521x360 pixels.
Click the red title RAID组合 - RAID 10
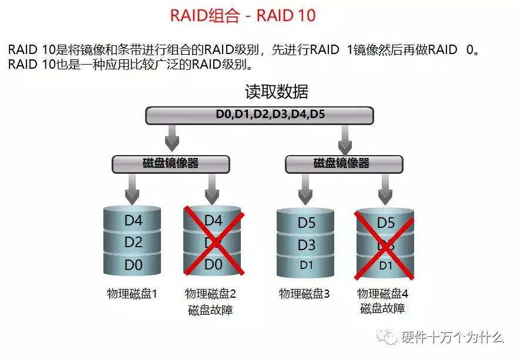coord(243,15)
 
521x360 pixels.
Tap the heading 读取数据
coord(276,92)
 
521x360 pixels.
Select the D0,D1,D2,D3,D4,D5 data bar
coord(259,115)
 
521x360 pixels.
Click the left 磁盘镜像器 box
coord(170,163)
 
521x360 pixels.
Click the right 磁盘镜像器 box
coord(344,163)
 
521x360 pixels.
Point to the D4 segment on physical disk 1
coord(133,221)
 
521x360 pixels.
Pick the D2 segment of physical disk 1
coord(133,243)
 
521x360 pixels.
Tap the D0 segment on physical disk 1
coord(133,265)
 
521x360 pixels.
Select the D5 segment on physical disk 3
coord(306,223)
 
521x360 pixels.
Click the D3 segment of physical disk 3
coord(306,244)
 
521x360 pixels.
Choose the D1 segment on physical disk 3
coord(306,265)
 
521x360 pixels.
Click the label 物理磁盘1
coord(132,293)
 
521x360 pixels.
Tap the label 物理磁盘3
coord(304,293)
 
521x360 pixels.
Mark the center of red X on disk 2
coord(213,241)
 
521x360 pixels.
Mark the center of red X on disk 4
coord(385,245)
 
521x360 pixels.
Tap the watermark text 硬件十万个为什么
coord(452,337)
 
